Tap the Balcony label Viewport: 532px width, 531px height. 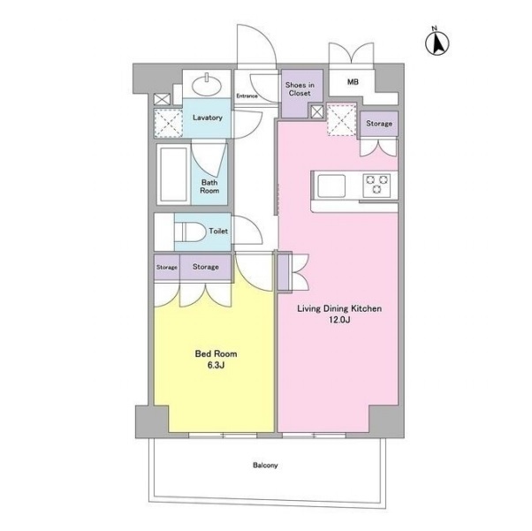click(265, 465)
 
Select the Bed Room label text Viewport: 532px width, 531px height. click(216, 354)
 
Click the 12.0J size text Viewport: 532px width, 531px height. click(339, 320)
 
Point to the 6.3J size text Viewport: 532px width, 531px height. click(216, 366)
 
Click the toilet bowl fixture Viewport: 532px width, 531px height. click(190, 232)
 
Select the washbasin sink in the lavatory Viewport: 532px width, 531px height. click(207, 85)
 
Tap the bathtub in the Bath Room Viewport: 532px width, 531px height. click(173, 174)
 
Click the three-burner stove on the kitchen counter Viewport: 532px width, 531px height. click(376, 185)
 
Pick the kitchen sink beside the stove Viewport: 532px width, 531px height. click(331, 186)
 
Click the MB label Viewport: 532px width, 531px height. click(353, 82)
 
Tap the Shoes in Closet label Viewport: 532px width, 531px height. click(300, 89)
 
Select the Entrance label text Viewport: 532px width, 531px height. click(247, 96)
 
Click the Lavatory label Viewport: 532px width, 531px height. click(208, 118)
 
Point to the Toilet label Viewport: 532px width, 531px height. click(218, 231)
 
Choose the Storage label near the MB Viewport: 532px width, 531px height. click(379, 124)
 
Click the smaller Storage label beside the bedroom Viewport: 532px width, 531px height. click(167, 268)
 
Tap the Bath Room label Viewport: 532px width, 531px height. click(209, 186)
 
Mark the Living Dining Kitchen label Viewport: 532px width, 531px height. click(339, 308)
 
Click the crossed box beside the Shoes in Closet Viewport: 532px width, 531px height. click(317, 112)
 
